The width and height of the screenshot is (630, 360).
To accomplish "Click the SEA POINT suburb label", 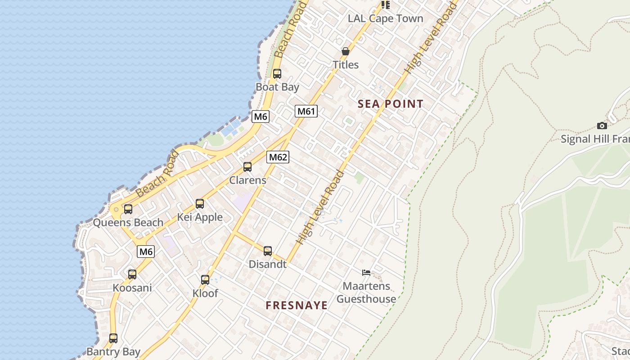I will pos(390,104).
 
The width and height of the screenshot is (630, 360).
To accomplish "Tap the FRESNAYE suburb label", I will pos(297,305).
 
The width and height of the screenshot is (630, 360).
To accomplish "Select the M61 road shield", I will pos(306,111).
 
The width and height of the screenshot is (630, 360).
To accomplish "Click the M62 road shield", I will pos(278,157).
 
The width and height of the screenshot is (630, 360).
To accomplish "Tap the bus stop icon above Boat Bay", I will pos(277,74).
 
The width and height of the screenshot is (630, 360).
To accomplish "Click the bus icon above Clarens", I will pos(247,167).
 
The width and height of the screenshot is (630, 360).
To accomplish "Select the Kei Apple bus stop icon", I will pos(200,204).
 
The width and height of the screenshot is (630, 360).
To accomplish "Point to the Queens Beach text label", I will pos(128,222).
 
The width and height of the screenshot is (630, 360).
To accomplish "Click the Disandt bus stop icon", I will pos(268,251).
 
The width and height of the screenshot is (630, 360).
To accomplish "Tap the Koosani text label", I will pos(132,288).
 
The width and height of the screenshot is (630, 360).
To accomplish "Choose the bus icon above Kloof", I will pos(205,280).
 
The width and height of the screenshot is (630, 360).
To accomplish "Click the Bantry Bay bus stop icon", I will pos(113,338).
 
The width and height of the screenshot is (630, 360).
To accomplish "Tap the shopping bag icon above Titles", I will pos(346,51).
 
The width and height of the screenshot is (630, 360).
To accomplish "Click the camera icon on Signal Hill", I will pos(602,126).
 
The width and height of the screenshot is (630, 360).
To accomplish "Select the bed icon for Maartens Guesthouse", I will pos(366,272).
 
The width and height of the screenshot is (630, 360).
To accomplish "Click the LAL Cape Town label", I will pos(386,18).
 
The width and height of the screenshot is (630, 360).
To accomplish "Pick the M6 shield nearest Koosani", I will pos(146,252).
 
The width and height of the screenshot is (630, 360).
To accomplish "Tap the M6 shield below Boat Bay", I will pos(260,117).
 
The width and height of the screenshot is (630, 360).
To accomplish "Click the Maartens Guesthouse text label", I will pos(366,292).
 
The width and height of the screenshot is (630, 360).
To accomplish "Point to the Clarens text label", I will pos(247,180).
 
